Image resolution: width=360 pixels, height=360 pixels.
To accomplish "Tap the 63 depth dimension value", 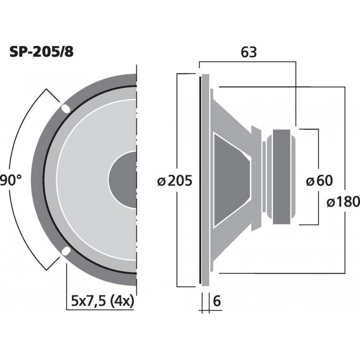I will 248,53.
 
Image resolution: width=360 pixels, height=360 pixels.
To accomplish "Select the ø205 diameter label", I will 175,181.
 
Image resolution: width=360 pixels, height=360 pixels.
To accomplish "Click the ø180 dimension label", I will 342,202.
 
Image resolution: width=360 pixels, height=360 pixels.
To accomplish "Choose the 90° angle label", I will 11,181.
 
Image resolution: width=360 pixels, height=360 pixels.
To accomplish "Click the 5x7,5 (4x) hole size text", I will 103,301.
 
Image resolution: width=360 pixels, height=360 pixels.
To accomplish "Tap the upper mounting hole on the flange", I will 65,108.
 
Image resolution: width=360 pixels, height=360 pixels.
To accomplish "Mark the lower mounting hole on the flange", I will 65,251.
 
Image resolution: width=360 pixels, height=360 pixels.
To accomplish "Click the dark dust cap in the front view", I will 122,180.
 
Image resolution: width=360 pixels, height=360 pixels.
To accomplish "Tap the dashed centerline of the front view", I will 136,180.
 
